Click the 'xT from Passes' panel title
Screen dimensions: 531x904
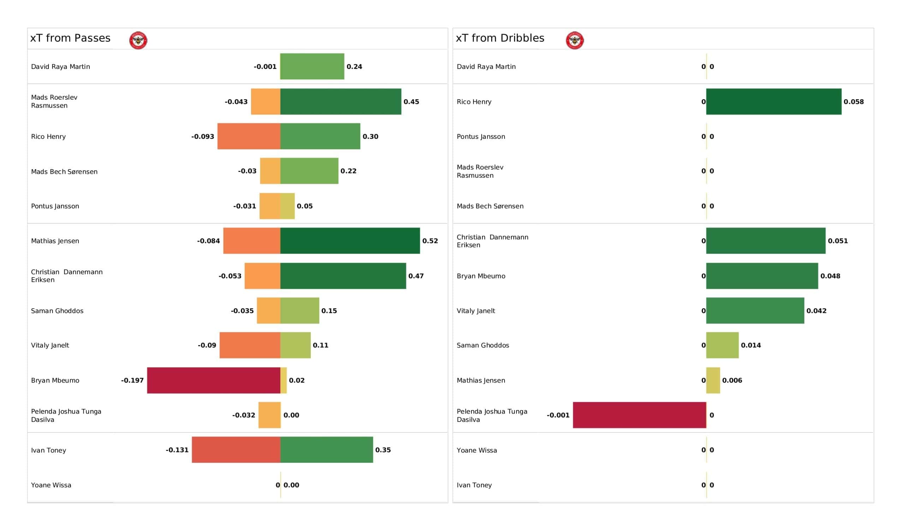tap(70, 38)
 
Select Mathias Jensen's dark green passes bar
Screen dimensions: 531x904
tap(350, 241)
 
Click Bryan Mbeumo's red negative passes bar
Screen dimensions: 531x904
tap(213, 380)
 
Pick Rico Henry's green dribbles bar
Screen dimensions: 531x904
tap(773, 102)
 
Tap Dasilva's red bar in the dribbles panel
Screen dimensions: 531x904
tap(639, 415)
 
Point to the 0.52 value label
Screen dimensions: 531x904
tap(430, 241)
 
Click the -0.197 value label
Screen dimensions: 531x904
tap(132, 380)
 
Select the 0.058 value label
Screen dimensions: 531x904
tap(854, 102)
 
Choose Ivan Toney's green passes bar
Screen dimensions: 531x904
tap(326, 450)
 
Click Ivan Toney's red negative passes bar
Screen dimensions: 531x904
tap(236, 450)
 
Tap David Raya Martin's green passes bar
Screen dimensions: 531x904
tap(312, 66)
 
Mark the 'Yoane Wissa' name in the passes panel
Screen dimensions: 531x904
tap(51, 485)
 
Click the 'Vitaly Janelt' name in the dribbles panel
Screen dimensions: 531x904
tap(476, 311)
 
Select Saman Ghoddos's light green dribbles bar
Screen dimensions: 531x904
tap(722, 345)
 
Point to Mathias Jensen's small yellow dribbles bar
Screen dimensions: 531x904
tap(713, 380)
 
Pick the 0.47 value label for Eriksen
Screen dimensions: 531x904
tap(416, 276)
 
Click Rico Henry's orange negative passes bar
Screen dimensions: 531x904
tap(249, 136)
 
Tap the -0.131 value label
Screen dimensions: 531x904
tap(177, 450)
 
